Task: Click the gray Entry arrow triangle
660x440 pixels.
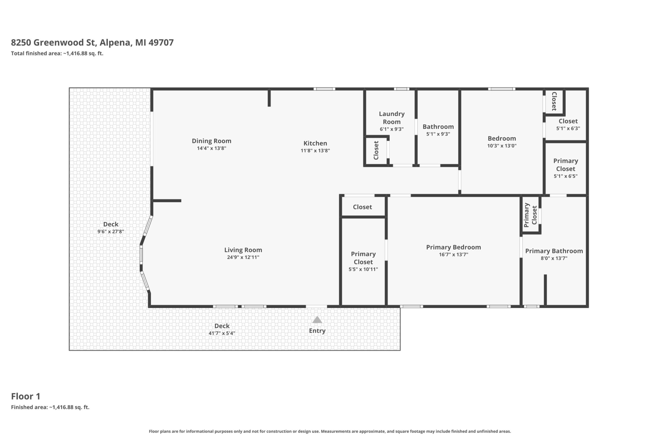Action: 317,320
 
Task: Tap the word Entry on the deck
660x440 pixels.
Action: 317,331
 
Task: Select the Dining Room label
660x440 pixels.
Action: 212,141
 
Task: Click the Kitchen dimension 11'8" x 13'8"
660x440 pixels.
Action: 315,151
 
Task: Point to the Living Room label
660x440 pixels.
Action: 243,250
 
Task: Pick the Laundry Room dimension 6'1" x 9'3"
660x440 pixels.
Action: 392,129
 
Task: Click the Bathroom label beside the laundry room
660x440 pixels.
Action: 438,127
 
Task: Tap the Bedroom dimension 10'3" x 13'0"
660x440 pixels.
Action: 502,146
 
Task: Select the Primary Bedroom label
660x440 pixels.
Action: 453,247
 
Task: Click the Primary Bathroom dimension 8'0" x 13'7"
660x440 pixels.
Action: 554,258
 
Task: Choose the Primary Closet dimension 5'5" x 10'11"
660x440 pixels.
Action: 363,270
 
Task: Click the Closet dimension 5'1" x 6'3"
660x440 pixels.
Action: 568,129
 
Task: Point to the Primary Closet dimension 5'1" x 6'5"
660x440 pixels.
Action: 565,176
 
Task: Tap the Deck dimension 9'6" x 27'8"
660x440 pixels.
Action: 111,232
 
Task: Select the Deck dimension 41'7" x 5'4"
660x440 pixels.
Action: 222,333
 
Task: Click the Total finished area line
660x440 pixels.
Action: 57,53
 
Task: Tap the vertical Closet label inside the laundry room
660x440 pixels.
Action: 376,150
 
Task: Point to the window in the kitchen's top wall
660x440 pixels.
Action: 324,89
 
